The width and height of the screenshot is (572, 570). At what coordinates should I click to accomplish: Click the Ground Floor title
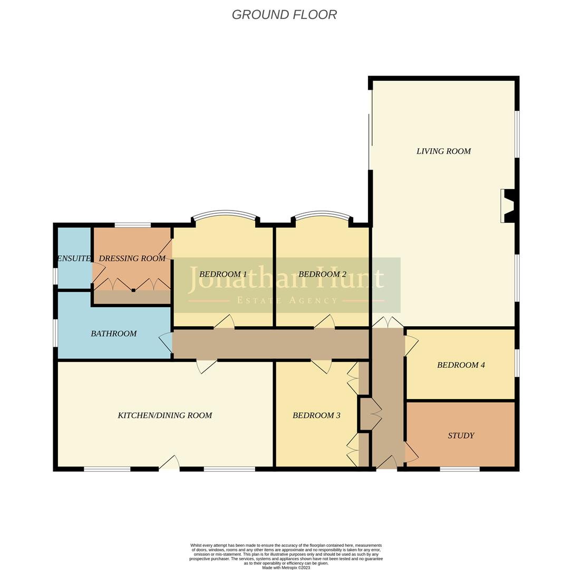(284, 15)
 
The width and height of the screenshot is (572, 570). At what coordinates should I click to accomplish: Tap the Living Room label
(443, 151)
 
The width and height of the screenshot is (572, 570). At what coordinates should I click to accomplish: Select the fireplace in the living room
(508, 206)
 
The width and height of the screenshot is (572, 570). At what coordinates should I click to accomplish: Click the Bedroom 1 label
(223, 274)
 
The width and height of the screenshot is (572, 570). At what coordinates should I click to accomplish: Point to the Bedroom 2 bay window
(322, 215)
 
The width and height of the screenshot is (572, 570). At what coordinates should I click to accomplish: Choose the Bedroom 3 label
(316, 416)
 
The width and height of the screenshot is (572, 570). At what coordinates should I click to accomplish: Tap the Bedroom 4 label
(461, 365)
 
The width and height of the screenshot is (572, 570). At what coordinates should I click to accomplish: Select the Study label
(461, 436)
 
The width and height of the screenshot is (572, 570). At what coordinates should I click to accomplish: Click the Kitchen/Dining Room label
(164, 416)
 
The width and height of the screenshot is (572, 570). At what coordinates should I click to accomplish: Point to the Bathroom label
(113, 334)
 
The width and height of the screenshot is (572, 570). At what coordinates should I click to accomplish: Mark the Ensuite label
(74, 259)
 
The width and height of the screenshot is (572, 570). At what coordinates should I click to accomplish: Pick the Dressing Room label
(132, 259)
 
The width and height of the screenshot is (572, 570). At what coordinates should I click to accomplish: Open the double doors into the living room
(388, 322)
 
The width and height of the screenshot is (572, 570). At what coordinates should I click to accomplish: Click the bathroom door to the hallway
(166, 343)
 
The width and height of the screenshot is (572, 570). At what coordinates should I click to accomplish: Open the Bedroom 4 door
(411, 346)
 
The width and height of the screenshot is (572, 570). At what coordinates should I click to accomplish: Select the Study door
(411, 453)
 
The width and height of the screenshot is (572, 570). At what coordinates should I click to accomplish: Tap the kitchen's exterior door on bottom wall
(169, 463)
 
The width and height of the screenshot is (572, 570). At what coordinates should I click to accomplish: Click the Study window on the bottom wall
(460, 469)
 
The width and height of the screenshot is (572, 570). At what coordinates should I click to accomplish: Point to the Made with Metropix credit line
(286, 568)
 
